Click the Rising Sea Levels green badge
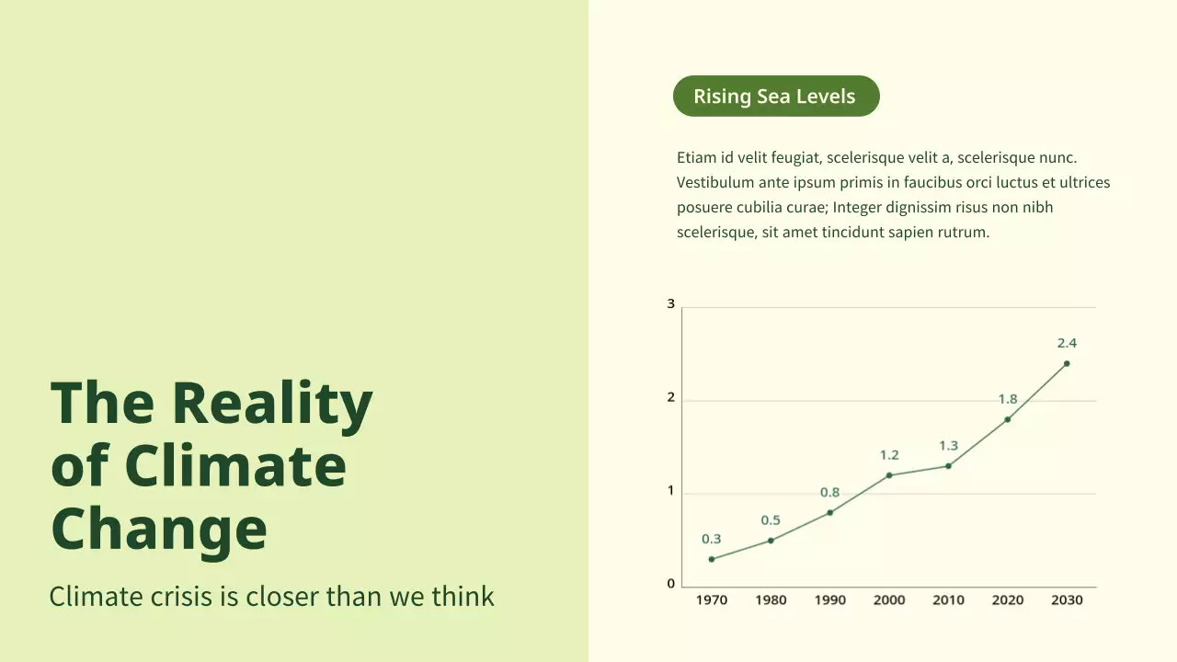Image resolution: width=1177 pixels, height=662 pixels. click(775, 97)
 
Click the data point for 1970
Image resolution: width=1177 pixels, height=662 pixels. click(712, 559)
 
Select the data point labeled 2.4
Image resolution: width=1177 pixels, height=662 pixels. click(1067, 363)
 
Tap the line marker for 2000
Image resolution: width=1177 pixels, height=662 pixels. click(889, 475)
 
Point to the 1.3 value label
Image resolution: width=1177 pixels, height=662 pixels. click(948, 446)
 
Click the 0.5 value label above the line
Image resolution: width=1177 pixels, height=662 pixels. click(771, 520)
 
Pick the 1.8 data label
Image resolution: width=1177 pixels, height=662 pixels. click(1008, 399)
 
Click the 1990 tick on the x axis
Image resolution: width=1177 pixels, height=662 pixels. click(829, 600)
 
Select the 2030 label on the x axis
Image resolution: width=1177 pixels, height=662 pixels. click(1067, 600)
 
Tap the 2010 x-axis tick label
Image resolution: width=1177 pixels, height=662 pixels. click(948, 600)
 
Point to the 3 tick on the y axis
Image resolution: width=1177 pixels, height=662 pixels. click(671, 304)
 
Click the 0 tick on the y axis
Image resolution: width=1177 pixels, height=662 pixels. click(671, 584)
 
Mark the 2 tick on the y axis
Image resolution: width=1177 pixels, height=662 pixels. click(671, 398)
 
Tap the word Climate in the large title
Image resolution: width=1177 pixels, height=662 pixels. click(234, 466)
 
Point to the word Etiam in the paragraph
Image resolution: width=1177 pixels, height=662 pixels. click(696, 158)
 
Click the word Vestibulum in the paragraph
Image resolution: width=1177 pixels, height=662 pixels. click(715, 183)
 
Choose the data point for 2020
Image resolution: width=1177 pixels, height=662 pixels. click(1008, 419)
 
